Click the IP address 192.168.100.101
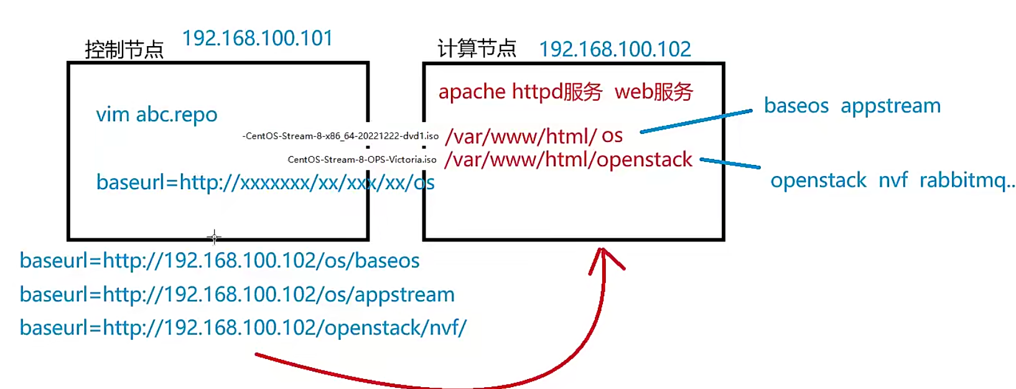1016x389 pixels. pos(257,39)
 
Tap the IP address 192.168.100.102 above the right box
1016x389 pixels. pos(615,49)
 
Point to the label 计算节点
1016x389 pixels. pos(477,48)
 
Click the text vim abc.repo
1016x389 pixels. pos(157,115)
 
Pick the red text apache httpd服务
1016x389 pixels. pos(520,92)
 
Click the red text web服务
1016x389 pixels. pos(653,92)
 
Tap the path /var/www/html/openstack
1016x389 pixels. pos(568,160)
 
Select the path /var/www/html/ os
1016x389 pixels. pos(533,136)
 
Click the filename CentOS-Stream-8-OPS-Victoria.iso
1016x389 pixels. pos(362,160)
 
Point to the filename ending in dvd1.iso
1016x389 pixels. pos(340,136)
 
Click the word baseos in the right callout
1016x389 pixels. pos(796,106)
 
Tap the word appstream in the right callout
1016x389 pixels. pos(890,106)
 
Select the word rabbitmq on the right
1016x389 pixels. pos(965,180)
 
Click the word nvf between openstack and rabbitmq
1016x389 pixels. pos(893,180)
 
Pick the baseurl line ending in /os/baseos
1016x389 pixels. pos(220,260)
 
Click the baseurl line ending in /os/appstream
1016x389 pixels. pos(237,294)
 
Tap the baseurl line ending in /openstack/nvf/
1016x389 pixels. pos(243,327)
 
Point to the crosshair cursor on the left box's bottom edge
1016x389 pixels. pos(214,237)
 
